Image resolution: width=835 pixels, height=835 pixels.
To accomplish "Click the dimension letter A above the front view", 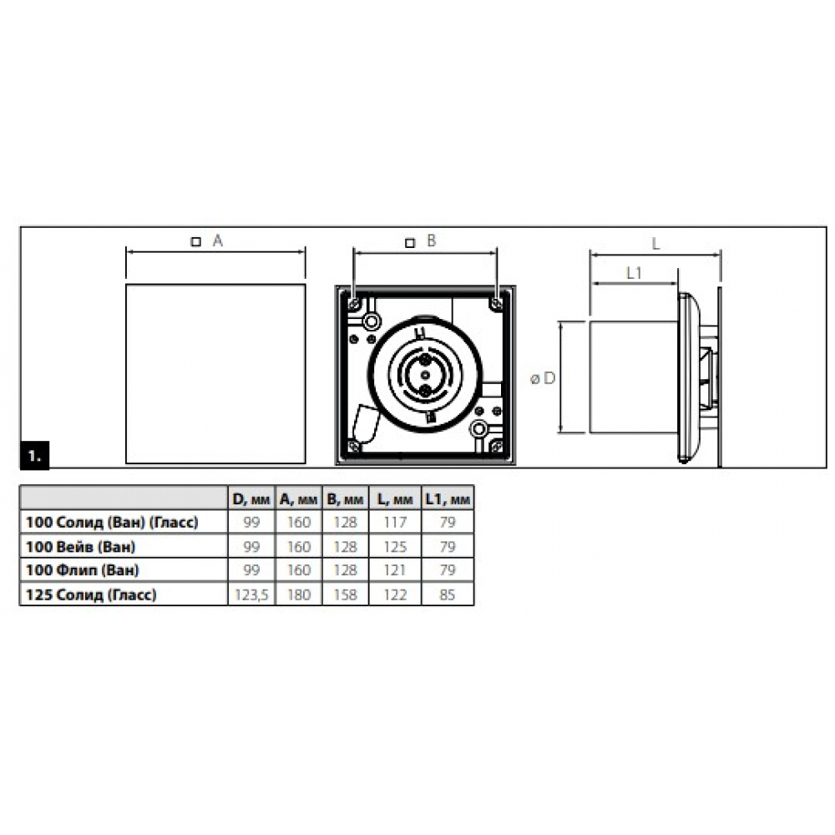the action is [217, 240].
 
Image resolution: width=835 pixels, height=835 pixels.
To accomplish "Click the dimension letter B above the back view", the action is [432, 240].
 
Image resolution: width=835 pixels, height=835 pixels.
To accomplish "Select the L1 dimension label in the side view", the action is [634, 273].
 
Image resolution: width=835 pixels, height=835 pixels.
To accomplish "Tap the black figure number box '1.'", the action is [34, 455].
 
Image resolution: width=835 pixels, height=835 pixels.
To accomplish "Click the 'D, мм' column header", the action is [251, 499].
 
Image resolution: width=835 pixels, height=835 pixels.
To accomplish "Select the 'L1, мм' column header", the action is [448, 499].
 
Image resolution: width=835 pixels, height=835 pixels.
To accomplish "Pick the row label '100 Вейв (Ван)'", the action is [80, 546].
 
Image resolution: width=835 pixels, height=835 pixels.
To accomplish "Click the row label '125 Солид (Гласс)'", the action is [91, 595].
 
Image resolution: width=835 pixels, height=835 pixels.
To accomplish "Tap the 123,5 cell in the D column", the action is [250, 595].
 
